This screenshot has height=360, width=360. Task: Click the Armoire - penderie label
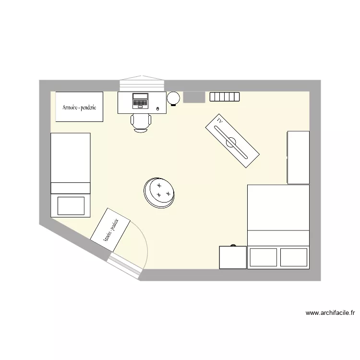click(x=79, y=108)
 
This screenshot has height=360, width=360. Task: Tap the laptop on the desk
click(x=141, y=100)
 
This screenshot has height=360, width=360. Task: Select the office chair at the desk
click(x=141, y=122)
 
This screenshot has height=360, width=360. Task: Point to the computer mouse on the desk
click(x=157, y=109)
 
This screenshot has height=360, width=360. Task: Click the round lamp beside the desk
click(x=173, y=98)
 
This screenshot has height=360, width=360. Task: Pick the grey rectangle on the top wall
click(x=194, y=96)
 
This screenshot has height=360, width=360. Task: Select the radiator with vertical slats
click(x=224, y=96)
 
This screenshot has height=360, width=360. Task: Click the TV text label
click(x=220, y=120)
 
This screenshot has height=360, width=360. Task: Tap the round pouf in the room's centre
click(x=160, y=192)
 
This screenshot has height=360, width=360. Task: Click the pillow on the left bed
click(x=71, y=205)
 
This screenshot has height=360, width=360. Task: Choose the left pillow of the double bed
click(x=264, y=257)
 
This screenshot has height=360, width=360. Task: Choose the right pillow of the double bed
click(x=293, y=257)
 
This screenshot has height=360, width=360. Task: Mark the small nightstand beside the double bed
click(x=233, y=257)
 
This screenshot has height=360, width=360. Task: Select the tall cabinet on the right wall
click(x=298, y=157)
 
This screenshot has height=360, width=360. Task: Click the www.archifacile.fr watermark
click(x=330, y=313)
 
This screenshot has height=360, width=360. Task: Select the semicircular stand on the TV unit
click(x=232, y=142)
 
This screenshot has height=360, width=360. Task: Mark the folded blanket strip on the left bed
click(x=71, y=188)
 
